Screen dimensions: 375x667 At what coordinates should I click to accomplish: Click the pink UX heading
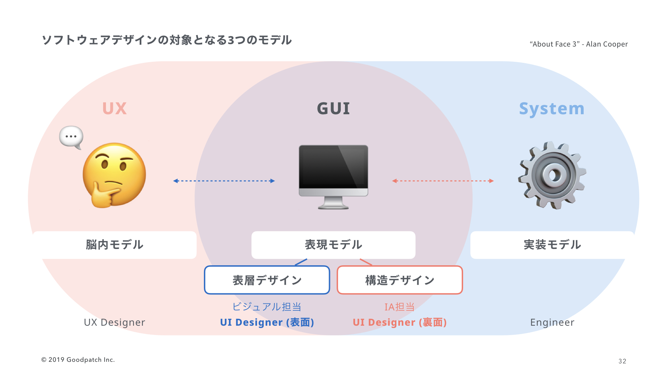pyautogui.click(x=114, y=109)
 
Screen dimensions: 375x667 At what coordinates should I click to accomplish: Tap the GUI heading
pyautogui.click(x=333, y=109)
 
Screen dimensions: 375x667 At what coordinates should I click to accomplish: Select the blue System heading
pyautogui.click(x=552, y=109)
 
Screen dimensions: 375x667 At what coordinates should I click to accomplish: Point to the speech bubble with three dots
pyautogui.click(x=71, y=137)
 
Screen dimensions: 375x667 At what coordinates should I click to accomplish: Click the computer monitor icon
pyautogui.click(x=333, y=176)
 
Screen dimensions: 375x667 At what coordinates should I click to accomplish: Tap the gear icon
pyautogui.click(x=552, y=175)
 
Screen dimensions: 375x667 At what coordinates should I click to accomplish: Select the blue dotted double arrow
pyautogui.click(x=224, y=181)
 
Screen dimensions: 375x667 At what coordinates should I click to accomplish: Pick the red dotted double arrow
pyautogui.click(x=443, y=181)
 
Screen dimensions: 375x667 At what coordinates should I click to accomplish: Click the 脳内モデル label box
pyautogui.click(x=115, y=245)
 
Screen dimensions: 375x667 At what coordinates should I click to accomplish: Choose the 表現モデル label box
pyautogui.click(x=333, y=245)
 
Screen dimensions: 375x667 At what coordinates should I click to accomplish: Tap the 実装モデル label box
pyautogui.click(x=552, y=245)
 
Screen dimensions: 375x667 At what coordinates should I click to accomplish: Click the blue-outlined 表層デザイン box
pyautogui.click(x=267, y=280)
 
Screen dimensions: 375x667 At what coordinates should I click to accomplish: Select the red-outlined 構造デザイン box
pyautogui.click(x=400, y=280)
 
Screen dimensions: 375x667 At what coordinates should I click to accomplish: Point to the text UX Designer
pyautogui.click(x=114, y=322)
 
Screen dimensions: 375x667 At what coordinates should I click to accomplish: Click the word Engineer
pyautogui.click(x=552, y=322)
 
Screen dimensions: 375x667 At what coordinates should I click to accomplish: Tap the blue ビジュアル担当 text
pyautogui.click(x=267, y=307)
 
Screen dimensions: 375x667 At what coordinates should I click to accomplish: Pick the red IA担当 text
pyautogui.click(x=400, y=307)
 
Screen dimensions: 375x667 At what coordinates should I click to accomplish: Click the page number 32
pyautogui.click(x=622, y=361)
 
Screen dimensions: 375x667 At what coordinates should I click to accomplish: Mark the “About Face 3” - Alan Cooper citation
pyautogui.click(x=578, y=44)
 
